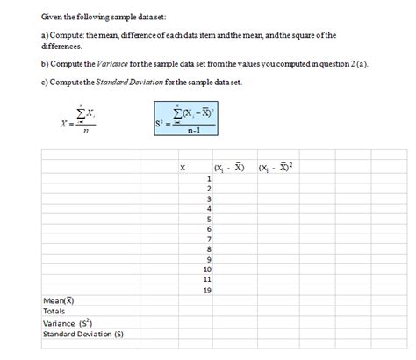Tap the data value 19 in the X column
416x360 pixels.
(x=206, y=290)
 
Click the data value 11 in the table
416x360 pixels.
(x=206, y=279)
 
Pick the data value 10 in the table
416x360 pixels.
(x=206, y=269)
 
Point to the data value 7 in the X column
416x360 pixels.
(x=208, y=239)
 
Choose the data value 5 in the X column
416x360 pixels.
(x=208, y=219)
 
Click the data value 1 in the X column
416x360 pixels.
(x=208, y=178)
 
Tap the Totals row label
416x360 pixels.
(x=54, y=311)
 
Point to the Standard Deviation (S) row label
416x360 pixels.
(x=83, y=334)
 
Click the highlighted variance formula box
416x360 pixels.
(x=185, y=121)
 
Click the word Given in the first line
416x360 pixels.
(x=54, y=18)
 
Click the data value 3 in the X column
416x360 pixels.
(x=208, y=198)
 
